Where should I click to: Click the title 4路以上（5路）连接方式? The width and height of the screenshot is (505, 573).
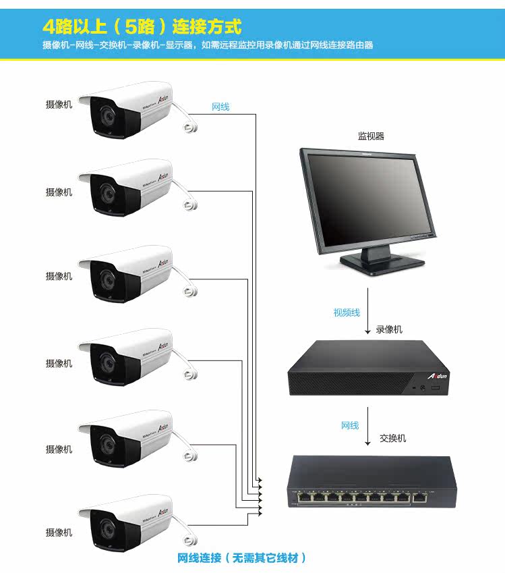141,27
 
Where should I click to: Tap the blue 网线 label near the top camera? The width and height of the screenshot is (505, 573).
220,107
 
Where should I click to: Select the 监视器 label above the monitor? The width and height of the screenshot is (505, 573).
371,136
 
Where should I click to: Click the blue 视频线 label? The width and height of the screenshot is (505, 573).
347,312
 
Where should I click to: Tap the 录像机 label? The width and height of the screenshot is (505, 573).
389,329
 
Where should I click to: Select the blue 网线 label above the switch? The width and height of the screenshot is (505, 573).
350,426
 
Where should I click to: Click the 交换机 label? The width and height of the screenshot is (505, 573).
393,438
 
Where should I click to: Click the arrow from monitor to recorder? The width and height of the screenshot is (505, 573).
367,310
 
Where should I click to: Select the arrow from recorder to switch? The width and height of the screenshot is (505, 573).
367,425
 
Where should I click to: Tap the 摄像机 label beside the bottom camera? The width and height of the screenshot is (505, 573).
59,533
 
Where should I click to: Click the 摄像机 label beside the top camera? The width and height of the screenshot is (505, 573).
59,105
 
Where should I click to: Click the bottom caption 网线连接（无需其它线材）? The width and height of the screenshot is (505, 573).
242,558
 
